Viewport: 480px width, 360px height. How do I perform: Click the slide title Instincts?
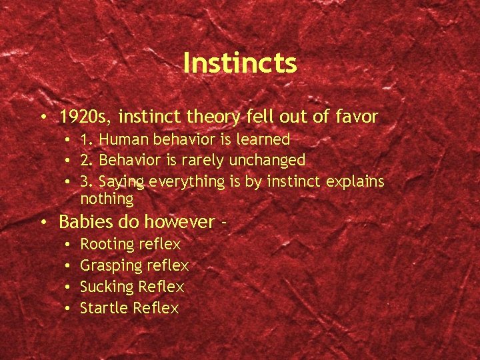click(x=239, y=63)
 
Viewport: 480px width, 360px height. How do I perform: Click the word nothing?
click(x=107, y=199)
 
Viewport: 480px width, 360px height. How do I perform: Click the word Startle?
click(x=104, y=308)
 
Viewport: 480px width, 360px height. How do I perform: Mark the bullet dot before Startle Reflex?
click(x=69, y=309)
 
